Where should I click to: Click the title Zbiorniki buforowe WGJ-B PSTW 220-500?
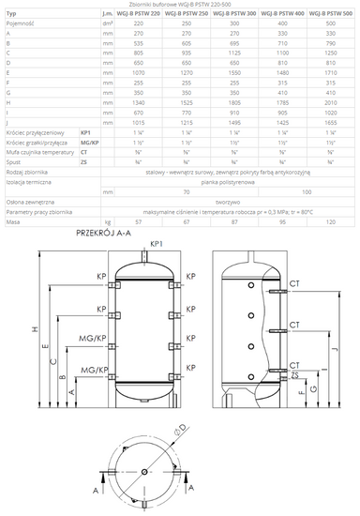point(179,5)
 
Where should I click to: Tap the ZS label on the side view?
point(295,375)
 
